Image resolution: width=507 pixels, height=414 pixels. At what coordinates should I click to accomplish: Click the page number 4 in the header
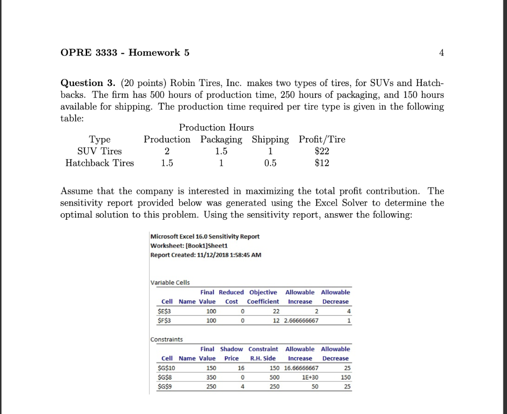pos(441,53)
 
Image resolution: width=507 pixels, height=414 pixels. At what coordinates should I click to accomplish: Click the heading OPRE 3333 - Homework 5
pos(125,53)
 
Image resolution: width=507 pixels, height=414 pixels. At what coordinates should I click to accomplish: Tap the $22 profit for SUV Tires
pos(321,151)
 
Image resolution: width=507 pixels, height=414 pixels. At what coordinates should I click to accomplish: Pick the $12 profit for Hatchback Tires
pos(321,163)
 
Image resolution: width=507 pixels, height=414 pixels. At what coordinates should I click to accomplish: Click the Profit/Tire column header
pos(322,139)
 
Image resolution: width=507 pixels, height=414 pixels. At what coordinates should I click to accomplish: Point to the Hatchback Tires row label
pos(100,163)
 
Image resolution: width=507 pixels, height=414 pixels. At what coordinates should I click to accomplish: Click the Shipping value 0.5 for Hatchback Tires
pos(270,163)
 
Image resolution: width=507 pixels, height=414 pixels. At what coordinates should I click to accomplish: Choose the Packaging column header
pos(221,139)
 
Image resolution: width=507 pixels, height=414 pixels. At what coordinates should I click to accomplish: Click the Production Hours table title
pos(216,128)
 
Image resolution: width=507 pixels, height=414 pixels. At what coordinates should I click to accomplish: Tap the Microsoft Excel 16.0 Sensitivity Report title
pos(205,236)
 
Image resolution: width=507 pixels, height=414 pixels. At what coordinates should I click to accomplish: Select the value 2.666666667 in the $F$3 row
pos(301,321)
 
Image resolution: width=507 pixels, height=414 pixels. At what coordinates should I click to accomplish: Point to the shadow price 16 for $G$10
pos(241,368)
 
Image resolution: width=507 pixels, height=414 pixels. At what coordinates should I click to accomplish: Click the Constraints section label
pos(167,339)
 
